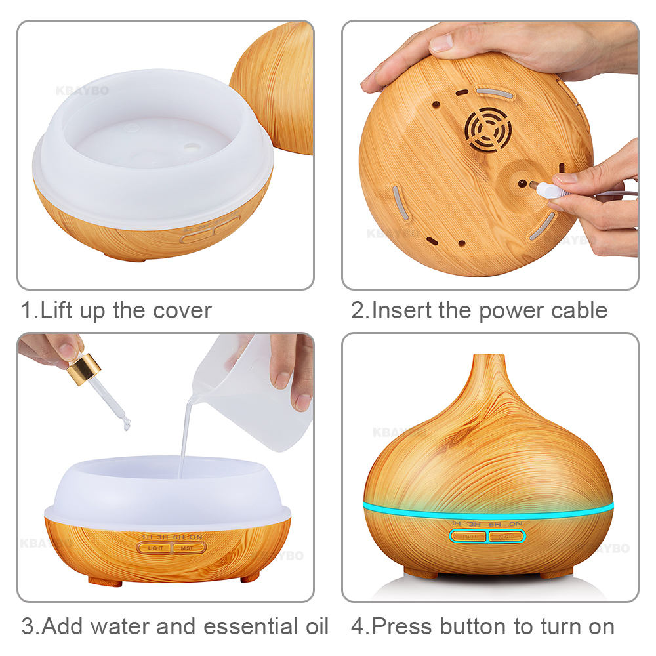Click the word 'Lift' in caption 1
pos(57,310)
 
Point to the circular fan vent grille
pos(488,128)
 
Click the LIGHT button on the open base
pos(155,548)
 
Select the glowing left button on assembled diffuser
pos(468,537)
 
